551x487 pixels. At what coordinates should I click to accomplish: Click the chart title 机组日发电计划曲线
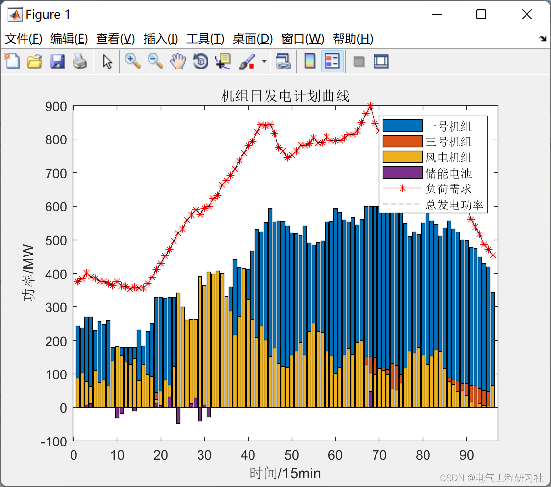[285, 96]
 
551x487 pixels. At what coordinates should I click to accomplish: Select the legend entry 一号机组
[448, 126]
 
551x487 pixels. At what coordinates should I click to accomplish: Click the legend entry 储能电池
[448, 173]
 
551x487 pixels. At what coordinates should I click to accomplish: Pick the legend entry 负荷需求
[448, 189]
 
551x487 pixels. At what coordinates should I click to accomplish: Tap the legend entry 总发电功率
[454, 205]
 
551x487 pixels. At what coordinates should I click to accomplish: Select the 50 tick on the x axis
[291, 455]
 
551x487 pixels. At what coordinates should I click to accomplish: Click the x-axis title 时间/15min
[285, 473]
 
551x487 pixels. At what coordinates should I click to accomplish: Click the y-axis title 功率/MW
[30, 273]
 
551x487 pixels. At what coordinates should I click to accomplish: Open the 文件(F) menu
[24, 39]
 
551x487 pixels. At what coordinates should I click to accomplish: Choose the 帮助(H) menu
[352, 39]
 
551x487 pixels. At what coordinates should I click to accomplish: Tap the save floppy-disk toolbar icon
[57, 62]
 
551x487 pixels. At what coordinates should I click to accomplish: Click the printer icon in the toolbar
[80, 62]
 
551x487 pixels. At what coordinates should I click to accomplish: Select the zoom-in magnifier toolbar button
[132, 62]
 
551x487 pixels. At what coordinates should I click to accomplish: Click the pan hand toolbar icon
[178, 62]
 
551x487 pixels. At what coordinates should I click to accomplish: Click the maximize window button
[481, 15]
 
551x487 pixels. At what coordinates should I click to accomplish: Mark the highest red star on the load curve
[370, 106]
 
